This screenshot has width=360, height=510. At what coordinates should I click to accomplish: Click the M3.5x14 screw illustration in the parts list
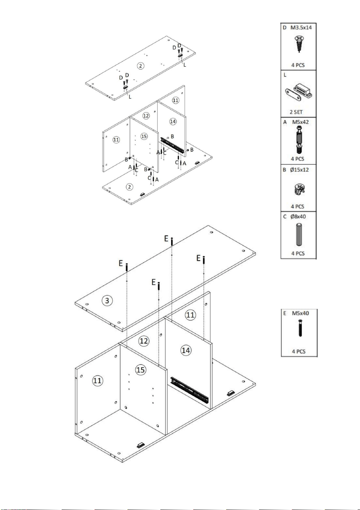click(299, 44)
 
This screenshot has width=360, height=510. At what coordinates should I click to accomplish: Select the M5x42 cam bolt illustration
click(299, 139)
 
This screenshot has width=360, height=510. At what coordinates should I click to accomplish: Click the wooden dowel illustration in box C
click(299, 235)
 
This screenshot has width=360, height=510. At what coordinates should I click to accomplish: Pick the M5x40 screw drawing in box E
click(300, 328)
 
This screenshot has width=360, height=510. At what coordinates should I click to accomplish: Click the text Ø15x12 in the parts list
click(299, 170)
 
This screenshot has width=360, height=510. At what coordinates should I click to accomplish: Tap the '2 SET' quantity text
click(296, 112)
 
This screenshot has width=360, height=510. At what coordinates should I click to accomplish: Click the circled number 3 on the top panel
click(107, 301)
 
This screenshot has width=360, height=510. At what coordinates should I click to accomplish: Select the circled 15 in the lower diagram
click(140, 370)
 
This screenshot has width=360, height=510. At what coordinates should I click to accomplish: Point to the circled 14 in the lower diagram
click(186, 350)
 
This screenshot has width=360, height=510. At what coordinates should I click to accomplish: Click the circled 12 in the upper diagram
click(146, 116)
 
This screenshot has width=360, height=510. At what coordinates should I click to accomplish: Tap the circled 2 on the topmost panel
click(141, 66)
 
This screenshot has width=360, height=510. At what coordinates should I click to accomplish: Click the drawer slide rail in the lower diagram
click(189, 390)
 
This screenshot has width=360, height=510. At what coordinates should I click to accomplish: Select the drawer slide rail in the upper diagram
click(172, 145)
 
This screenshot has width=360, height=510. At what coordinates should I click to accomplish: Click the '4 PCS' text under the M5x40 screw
click(298, 351)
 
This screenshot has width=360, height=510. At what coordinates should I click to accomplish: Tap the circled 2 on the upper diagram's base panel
click(130, 187)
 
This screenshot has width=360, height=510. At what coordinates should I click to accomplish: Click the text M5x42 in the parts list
click(300, 122)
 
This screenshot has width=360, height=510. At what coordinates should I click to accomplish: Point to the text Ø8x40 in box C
click(298, 217)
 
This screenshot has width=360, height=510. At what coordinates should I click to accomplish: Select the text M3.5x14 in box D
click(301, 27)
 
